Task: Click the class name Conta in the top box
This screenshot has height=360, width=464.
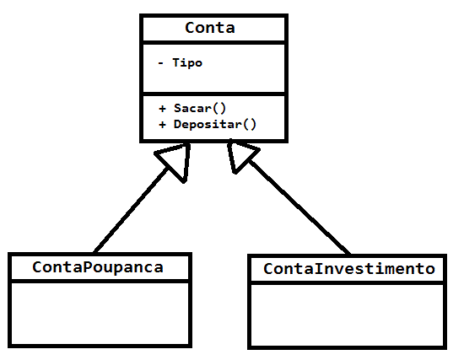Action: click(x=210, y=28)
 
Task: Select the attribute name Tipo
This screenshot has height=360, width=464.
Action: click(x=187, y=62)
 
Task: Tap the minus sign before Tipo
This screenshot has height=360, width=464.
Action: click(x=160, y=62)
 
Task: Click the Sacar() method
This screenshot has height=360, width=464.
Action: click(x=200, y=108)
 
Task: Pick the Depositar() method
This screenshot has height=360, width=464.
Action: click(x=215, y=124)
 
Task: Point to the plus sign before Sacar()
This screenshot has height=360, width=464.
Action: click(x=162, y=109)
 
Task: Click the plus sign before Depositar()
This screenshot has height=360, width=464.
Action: click(x=162, y=125)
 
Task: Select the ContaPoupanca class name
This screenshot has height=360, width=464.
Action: click(x=98, y=267)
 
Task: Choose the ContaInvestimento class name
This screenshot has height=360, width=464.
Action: click(x=349, y=269)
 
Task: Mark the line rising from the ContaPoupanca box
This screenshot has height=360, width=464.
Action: click(x=131, y=211)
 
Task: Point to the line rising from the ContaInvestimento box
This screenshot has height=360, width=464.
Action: click(x=299, y=207)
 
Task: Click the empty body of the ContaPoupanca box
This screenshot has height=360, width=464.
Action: click(x=100, y=314)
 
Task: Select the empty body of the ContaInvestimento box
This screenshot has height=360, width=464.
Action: click(x=347, y=315)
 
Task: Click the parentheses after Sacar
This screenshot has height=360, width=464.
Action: click(x=219, y=108)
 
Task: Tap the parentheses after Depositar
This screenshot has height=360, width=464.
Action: click(x=249, y=124)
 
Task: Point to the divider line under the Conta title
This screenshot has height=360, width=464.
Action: click(x=213, y=43)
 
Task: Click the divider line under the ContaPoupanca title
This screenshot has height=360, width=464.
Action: click(x=100, y=281)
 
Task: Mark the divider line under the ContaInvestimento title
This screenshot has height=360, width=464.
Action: click(x=347, y=283)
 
